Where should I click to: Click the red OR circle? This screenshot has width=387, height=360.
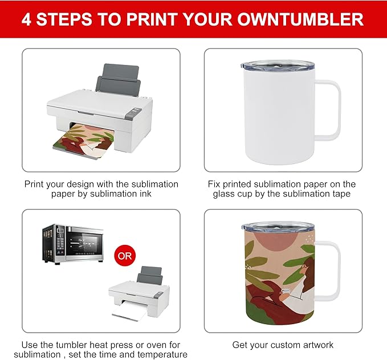click(125, 255)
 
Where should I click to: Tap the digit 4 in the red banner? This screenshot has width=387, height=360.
click(26, 19)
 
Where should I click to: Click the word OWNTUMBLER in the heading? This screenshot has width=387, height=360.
click(300, 19)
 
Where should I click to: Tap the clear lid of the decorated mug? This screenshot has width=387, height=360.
click(278, 227)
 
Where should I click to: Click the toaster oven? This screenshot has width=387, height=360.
click(73, 244)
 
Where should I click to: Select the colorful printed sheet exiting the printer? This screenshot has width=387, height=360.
click(83, 141)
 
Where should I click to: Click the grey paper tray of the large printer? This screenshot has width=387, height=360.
click(119, 79)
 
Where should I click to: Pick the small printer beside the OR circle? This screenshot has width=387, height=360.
click(139, 294)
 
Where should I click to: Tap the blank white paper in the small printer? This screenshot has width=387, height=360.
click(129, 312)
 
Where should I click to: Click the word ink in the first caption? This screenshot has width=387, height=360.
click(145, 194)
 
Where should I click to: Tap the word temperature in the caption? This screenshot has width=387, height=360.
click(162, 355)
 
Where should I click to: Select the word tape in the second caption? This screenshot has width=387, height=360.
click(341, 194)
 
